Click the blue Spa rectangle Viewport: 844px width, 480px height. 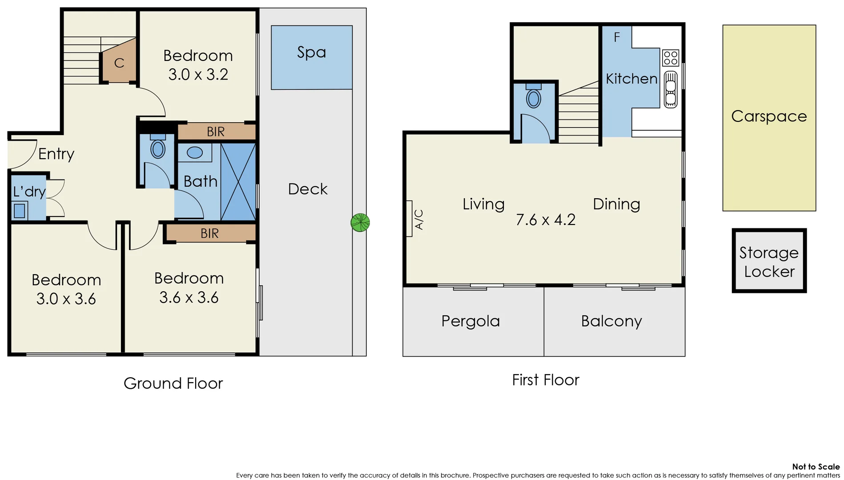pyautogui.click(x=311, y=57)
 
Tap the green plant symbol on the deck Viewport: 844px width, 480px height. pyautogui.click(x=360, y=223)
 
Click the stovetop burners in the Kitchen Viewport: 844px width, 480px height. pyautogui.click(x=670, y=58)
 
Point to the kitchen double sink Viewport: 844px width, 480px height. pyautogui.click(x=671, y=89)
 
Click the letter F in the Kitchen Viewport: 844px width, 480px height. pyautogui.click(x=617, y=37)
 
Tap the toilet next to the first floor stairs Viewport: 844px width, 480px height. pyautogui.click(x=534, y=98)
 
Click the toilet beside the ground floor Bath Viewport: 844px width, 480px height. pyautogui.click(x=158, y=149)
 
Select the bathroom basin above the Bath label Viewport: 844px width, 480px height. pyautogui.click(x=195, y=152)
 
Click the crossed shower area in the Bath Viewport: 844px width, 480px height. pyautogui.click(x=238, y=182)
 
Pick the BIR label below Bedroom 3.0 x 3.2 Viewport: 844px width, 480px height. pyautogui.click(x=216, y=132)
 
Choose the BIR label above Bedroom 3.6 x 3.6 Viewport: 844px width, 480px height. pyautogui.click(x=209, y=234)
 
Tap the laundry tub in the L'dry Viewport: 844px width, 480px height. pyautogui.click(x=20, y=211)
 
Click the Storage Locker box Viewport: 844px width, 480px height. pyautogui.click(x=769, y=261)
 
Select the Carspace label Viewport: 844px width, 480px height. pyautogui.click(x=769, y=116)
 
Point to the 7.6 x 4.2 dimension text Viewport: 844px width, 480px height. pyautogui.click(x=546, y=220)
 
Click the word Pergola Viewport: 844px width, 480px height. pyautogui.click(x=470, y=321)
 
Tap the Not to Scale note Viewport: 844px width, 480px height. pyautogui.click(x=816, y=467)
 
